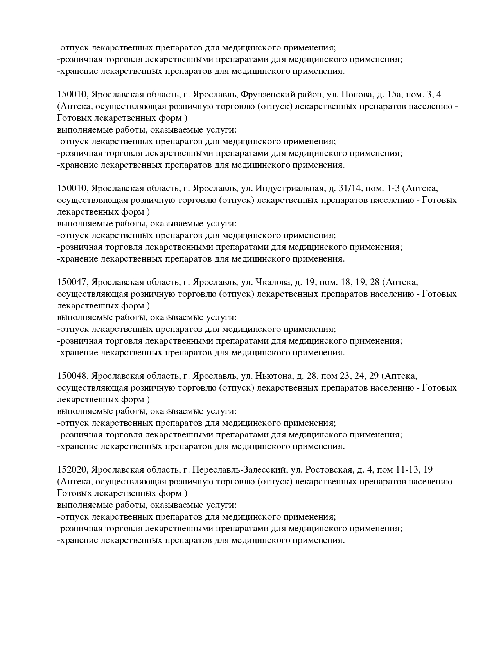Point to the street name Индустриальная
pyautogui.click(x=290, y=188)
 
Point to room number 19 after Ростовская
pyautogui.click(x=428, y=470)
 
